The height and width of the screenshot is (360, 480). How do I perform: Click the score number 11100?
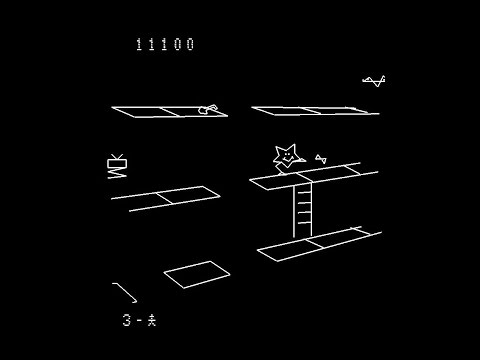click(x=165, y=44)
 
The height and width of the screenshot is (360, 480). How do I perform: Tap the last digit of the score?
click(x=190, y=44)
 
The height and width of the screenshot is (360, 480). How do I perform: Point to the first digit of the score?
click(x=139, y=44)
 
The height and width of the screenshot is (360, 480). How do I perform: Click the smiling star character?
click(x=286, y=157)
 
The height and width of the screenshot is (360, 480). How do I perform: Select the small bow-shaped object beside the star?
click(x=320, y=157)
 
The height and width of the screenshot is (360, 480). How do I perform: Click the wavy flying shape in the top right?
click(x=373, y=81)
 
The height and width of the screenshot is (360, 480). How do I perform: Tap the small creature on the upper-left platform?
click(x=207, y=109)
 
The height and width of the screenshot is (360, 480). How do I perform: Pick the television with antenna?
click(x=118, y=160)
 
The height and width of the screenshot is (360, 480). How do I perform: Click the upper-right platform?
click(x=313, y=111)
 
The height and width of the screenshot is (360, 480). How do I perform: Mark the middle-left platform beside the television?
click(x=168, y=197)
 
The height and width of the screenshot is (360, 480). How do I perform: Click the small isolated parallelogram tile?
click(x=196, y=272)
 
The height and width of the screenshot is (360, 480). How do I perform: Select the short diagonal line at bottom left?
click(x=125, y=292)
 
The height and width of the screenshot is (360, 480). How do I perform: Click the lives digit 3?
click(x=127, y=321)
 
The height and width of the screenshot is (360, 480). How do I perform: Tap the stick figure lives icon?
click(x=151, y=321)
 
